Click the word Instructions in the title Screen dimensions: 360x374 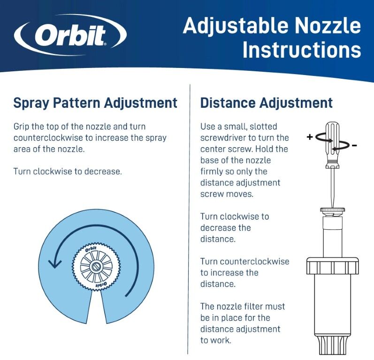coord(302,50)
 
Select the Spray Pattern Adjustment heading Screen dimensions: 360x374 coord(95,103)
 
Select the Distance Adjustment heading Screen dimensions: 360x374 coord(266,103)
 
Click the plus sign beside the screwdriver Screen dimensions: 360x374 coord(310,137)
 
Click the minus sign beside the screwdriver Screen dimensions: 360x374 coord(354,145)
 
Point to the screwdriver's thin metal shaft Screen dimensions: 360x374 coord(332,187)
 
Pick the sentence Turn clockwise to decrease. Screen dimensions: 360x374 coord(68,171)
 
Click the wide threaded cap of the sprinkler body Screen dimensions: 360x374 coord(332,265)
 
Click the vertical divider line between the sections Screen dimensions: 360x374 coord(190,216)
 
